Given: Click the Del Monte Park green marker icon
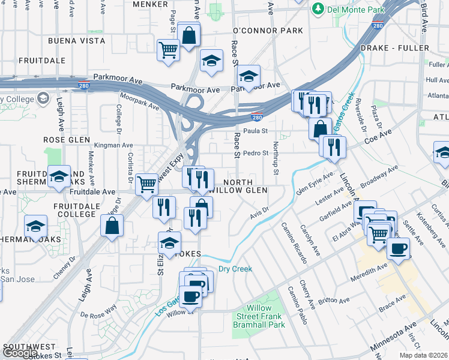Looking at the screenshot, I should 317,10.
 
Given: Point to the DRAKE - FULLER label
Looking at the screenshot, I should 394,48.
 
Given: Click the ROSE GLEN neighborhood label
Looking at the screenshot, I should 62,140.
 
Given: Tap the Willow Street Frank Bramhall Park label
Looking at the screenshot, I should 259,316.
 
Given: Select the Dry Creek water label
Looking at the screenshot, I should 235,269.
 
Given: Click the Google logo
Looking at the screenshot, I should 19,353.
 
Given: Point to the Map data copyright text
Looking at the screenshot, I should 423,355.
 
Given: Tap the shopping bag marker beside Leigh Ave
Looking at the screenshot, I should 112,226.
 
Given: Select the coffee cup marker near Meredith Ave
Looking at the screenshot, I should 397,248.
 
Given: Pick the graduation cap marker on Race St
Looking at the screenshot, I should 247,77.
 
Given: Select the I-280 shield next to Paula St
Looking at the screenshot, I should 256,117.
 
